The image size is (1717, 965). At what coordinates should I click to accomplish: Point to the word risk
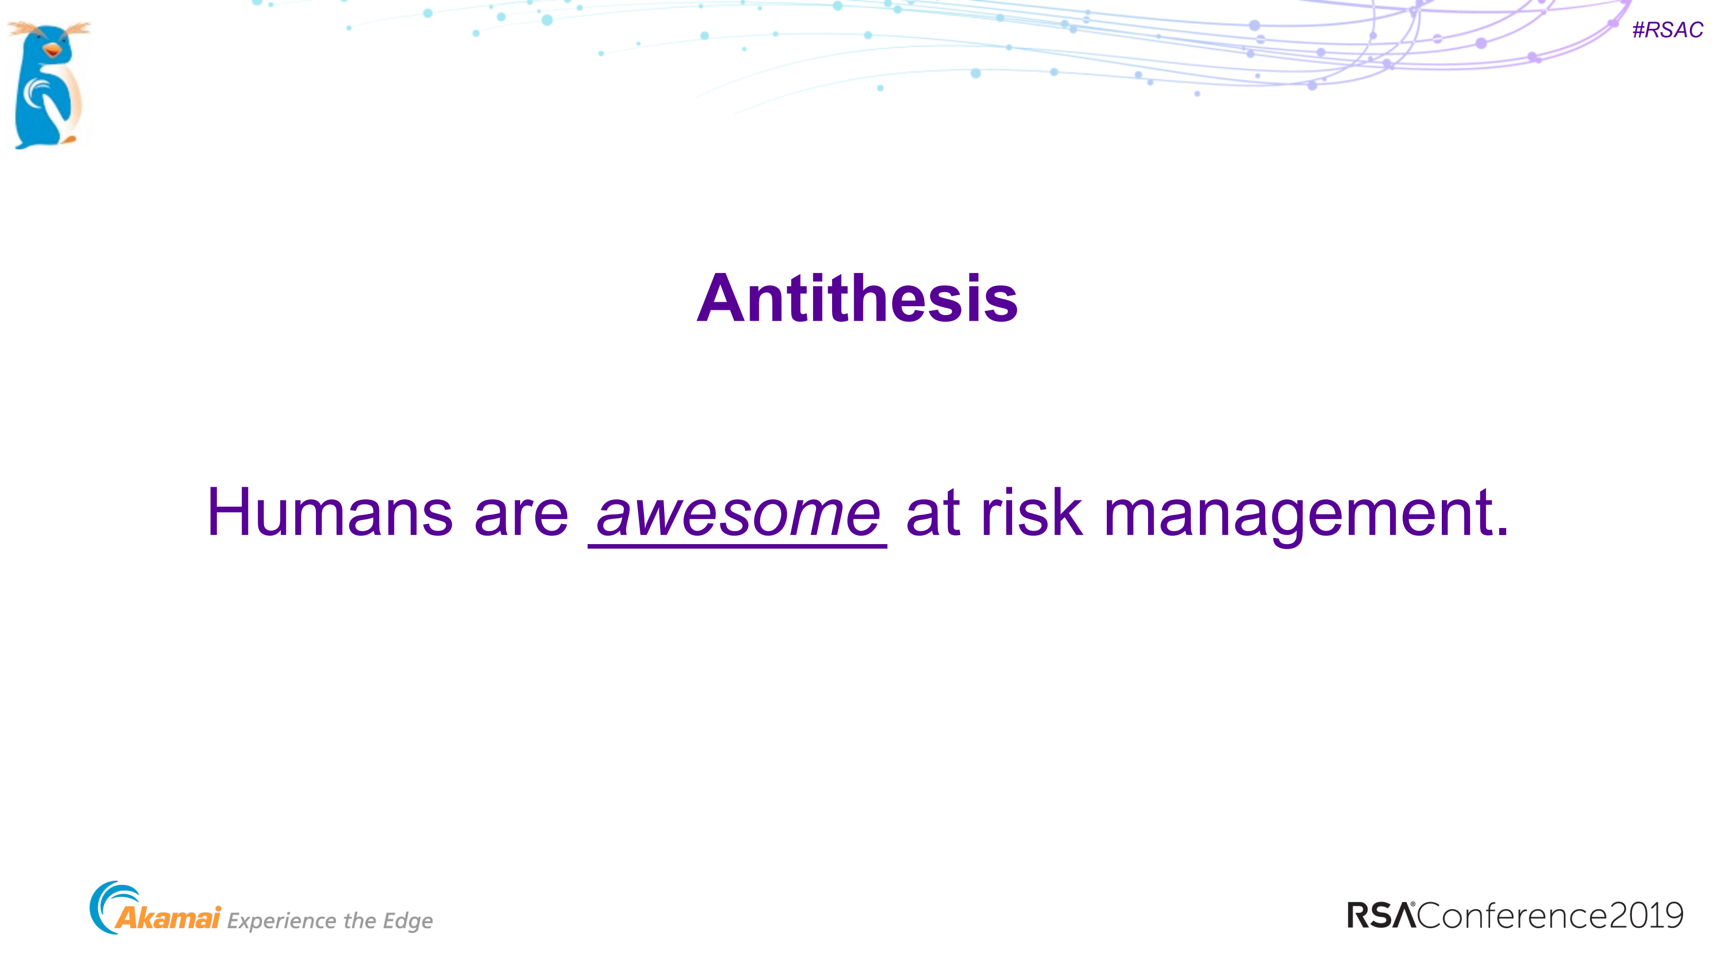1031,512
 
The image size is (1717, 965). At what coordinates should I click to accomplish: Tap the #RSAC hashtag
1667,30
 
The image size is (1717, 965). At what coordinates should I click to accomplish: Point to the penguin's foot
68,139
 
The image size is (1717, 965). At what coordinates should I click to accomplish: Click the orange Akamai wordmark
168,918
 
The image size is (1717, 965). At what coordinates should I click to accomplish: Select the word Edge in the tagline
407,921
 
